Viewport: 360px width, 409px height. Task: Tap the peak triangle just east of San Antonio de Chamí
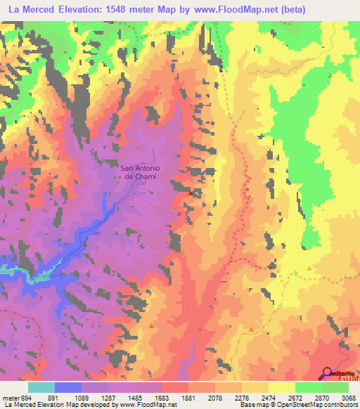191,190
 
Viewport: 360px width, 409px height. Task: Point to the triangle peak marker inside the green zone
330,75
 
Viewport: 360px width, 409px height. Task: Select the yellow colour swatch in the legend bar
282,387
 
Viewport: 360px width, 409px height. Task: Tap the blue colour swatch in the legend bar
68,387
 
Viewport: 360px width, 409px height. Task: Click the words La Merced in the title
30,8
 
